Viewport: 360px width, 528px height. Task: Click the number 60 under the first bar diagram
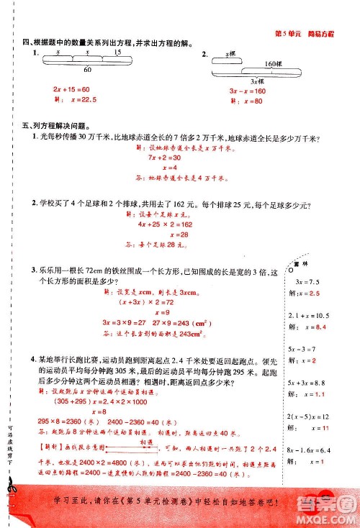[x=86, y=70]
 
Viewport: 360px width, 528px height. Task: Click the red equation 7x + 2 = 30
[x=166, y=155]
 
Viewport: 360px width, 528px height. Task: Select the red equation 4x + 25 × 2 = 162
[x=171, y=224]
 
